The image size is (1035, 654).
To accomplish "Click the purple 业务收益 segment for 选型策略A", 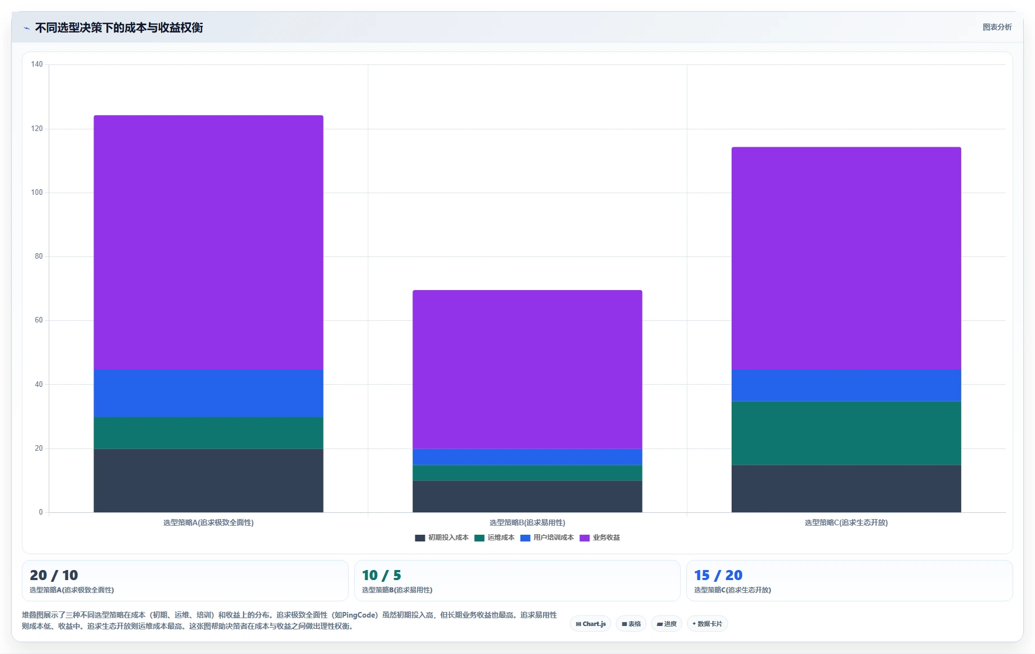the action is click(208, 242).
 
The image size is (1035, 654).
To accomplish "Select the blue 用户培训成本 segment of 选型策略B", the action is click(527, 457).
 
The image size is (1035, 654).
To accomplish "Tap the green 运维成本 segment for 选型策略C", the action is click(846, 433).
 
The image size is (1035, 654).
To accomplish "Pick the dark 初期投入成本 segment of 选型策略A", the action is click(208, 480).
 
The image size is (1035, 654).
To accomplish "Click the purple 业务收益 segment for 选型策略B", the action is click(527, 370).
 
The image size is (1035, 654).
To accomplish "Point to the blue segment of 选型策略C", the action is click(846, 386).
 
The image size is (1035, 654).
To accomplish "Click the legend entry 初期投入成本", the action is click(442, 538).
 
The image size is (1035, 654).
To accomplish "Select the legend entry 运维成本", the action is click(494, 538).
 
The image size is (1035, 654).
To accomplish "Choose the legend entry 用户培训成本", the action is click(547, 538).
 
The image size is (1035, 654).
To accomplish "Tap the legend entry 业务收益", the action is click(600, 538).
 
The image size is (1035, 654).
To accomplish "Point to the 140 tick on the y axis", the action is click(37, 64).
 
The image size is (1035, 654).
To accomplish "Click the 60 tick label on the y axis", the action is click(39, 320).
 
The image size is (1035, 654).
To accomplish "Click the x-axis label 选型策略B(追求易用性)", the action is click(527, 523).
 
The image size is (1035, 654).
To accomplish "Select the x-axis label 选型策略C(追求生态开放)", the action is click(846, 523).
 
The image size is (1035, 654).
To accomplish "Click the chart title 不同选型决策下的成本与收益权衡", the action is click(119, 28).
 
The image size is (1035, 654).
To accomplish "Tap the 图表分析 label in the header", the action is click(997, 27).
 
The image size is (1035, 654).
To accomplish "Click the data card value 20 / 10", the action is click(54, 575).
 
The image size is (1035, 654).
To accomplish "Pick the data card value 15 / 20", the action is click(718, 575).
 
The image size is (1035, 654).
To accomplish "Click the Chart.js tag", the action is click(591, 624).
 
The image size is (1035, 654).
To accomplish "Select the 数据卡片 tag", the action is click(707, 624).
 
